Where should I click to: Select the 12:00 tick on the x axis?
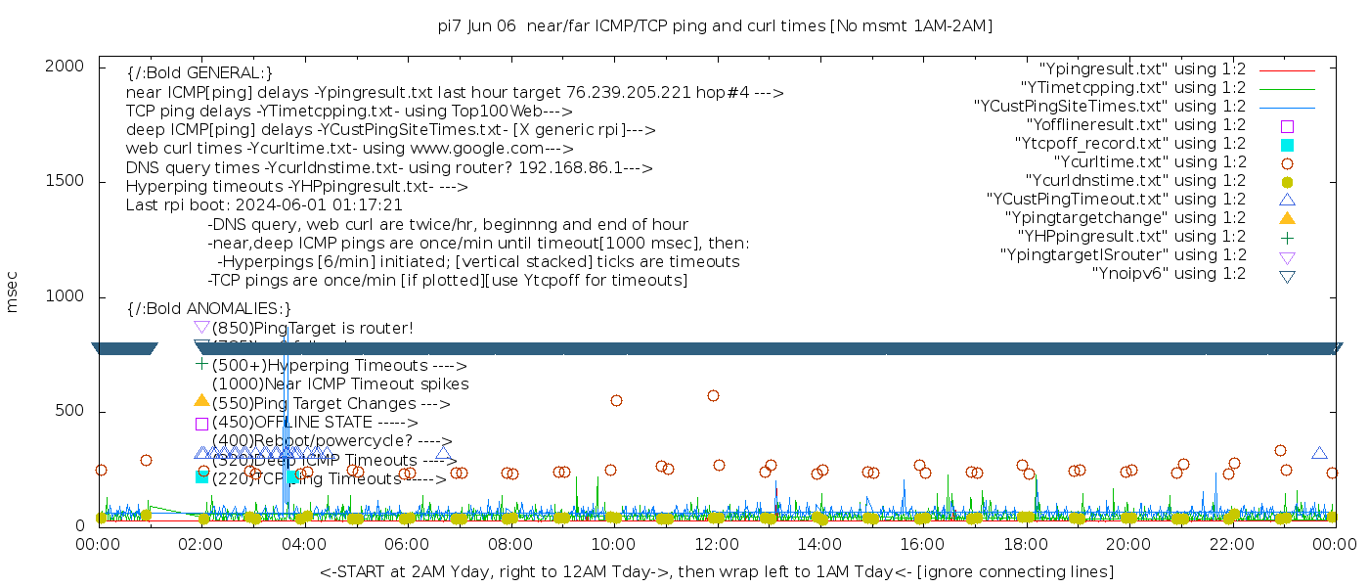(x=716, y=545)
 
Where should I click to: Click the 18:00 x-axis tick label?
(x=1025, y=545)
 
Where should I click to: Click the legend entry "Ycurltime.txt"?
(x=1150, y=162)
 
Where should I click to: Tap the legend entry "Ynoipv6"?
(x=1170, y=274)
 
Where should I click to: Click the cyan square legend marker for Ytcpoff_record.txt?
(x=1287, y=145)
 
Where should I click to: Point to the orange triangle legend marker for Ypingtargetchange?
(x=1287, y=218)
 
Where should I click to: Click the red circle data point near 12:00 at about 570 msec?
(x=713, y=395)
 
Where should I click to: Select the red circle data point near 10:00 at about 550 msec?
(x=616, y=400)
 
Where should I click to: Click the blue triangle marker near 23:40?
(x=1319, y=453)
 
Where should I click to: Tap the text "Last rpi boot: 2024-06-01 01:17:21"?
(x=264, y=205)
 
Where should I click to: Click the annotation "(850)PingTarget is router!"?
(x=313, y=328)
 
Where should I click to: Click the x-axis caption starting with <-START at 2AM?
(x=716, y=571)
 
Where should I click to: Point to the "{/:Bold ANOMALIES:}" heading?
(x=209, y=309)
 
